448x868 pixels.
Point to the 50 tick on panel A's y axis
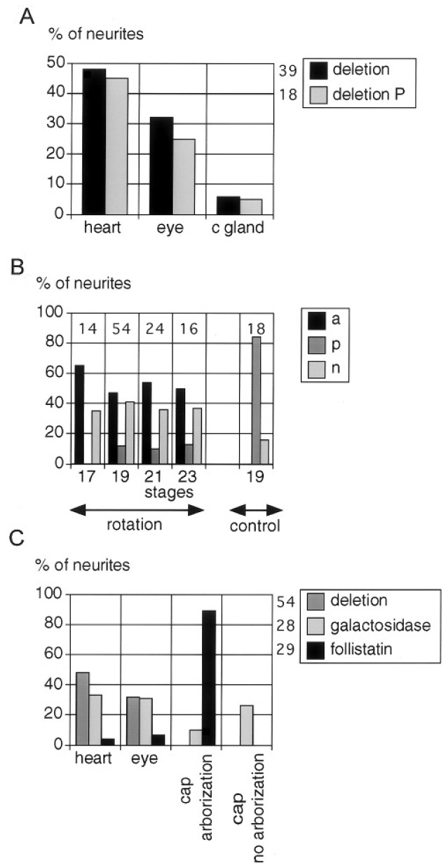pyautogui.click(x=56, y=64)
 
